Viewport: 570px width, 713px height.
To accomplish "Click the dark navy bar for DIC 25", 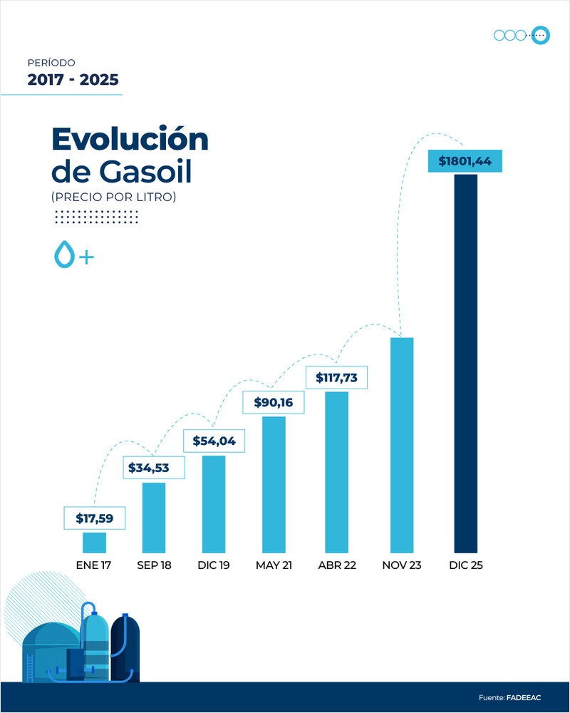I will (x=465, y=364).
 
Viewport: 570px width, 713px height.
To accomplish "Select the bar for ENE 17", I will (x=94, y=543).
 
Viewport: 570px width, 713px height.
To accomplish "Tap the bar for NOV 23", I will (x=402, y=445).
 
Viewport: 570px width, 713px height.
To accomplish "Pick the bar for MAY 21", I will (x=274, y=484).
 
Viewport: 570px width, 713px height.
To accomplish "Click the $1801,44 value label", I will (x=465, y=161).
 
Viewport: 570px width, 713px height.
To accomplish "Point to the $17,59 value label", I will (x=94, y=518).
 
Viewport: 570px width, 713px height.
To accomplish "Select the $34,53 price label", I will (x=155, y=468).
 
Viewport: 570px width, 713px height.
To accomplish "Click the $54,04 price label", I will (x=214, y=441).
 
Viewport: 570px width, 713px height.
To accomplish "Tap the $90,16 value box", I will (x=274, y=402).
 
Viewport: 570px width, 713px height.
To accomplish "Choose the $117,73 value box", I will (x=336, y=377).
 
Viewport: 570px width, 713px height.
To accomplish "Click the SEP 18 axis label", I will (x=155, y=565).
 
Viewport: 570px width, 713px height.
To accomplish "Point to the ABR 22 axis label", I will (x=337, y=565).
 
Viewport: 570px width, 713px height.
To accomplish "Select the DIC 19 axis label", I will (x=214, y=565).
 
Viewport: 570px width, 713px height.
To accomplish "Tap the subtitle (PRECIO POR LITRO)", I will (x=113, y=197).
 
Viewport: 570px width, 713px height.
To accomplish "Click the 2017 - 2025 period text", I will (x=73, y=79).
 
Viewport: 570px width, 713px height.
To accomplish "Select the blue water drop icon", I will (x=64, y=255).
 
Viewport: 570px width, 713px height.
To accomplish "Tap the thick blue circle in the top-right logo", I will (x=540, y=35).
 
